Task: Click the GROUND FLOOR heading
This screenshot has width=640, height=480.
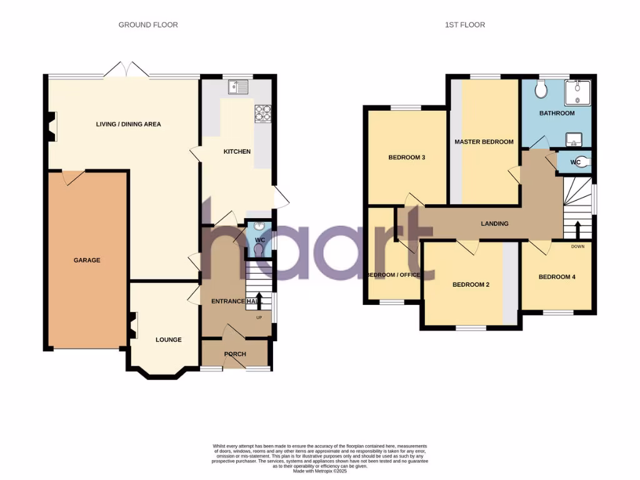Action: [148, 25]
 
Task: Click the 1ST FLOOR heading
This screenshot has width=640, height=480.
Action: [464, 25]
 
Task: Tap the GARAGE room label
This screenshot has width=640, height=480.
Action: [87, 260]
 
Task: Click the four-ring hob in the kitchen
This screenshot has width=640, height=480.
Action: [262, 113]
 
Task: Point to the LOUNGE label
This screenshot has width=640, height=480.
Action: [168, 340]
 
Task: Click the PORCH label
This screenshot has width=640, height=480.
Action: [236, 354]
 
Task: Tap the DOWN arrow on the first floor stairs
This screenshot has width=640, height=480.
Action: [578, 229]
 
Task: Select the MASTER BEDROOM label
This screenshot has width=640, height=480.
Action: [484, 142]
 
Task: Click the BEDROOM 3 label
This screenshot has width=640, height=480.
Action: [407, 157]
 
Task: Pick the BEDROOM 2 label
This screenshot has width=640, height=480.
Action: [471, 284]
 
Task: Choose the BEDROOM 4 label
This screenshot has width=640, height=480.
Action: [557, 277]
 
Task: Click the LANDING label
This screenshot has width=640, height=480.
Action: [494, 224]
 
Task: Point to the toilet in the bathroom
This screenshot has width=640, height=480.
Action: [541, 90]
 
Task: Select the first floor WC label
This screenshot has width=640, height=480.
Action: [576, 162]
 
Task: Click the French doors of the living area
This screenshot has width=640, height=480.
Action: [126, 70]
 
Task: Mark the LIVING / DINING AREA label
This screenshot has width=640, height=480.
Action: [128, 124]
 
